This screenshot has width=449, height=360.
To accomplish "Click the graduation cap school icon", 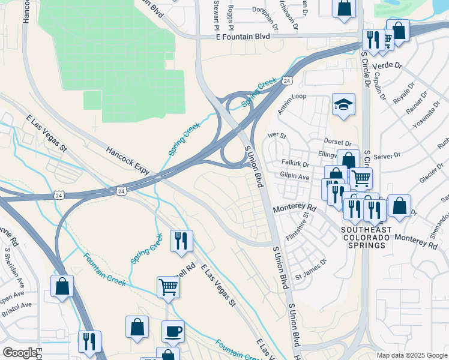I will (x=344, y=104).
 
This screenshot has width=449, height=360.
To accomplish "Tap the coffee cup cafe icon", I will (x=173, y=331).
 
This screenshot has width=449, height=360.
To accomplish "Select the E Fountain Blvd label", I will (x=243, y=37).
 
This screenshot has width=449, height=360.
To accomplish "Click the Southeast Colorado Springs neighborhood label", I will (x=366, y=238).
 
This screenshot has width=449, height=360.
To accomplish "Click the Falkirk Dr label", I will (x=295, y=164).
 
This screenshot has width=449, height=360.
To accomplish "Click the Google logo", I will (x=19, y=353).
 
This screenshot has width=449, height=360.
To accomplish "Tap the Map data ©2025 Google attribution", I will (x=411, y=355).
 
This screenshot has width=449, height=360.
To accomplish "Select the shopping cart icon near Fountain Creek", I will (x=168, y=287).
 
